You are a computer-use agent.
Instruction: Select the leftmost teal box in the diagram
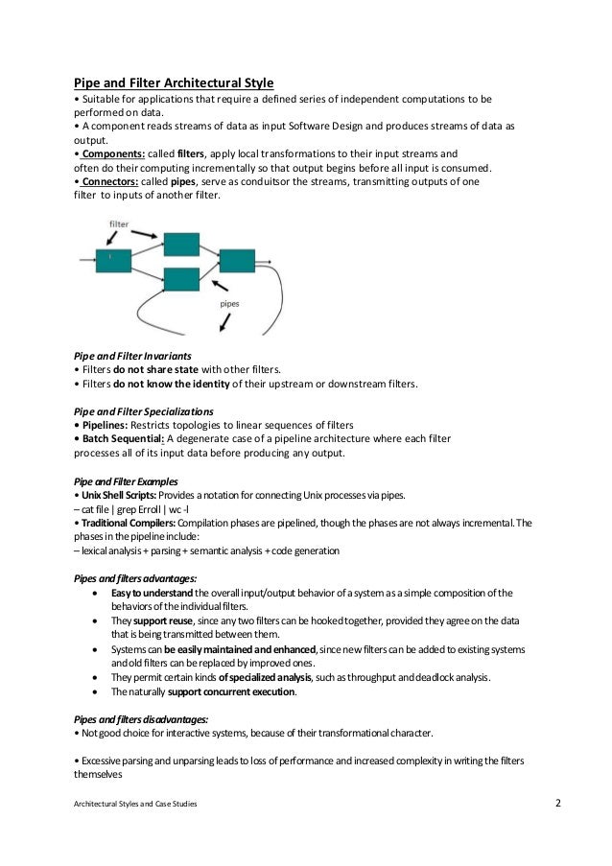point(113,259)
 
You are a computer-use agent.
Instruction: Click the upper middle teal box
point(180,243)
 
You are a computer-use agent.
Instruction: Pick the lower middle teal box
point(180,279)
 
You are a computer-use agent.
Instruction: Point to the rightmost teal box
point(237,260)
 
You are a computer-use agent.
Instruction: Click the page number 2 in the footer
point(559,802)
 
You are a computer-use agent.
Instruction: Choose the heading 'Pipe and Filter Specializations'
point(137,410)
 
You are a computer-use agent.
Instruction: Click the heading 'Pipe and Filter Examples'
point(120,480)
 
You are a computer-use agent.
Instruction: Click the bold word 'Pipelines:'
point(101,425)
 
